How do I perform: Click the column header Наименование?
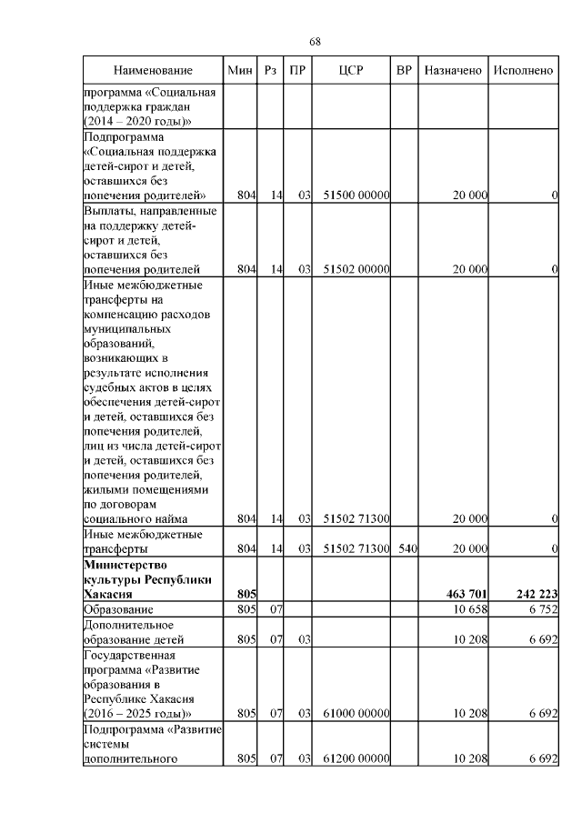(153, 71)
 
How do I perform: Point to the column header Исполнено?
(523, 71)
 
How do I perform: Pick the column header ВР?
(404, 71)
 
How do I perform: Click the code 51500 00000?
(356, 195)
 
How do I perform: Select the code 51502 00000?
(356, 268)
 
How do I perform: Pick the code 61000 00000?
(356, 713)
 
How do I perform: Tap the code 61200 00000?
(356, 758)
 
